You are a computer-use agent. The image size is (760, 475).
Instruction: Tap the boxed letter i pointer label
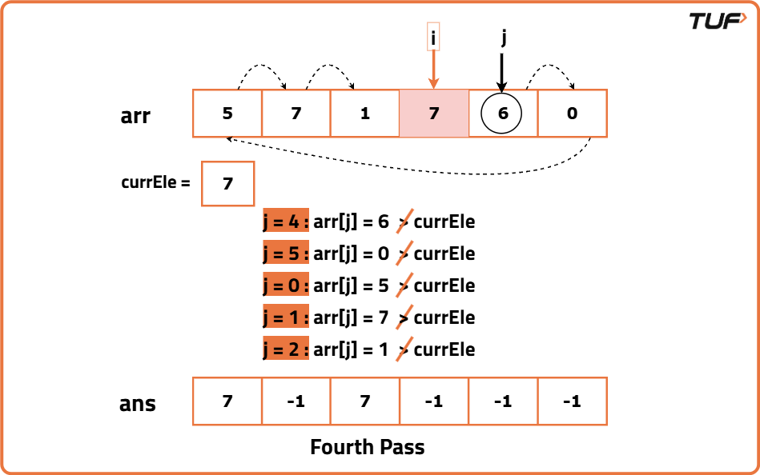point(434,36)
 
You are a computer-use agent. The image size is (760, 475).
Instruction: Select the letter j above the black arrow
point(503,36)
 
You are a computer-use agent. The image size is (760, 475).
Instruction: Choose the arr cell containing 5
point(227,114)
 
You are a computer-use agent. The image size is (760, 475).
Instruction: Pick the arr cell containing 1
point(365,114)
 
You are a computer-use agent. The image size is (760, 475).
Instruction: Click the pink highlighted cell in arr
point(434,114)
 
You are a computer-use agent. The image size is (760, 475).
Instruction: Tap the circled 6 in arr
point(502,114)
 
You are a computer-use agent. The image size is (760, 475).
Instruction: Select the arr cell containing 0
point(572,114)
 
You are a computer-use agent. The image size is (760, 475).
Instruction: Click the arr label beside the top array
point(135,115)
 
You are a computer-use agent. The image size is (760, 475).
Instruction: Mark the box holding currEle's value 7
point(228,184)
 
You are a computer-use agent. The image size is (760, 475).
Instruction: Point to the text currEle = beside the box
point(155,182)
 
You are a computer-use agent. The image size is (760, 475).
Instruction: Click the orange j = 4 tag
point(286,222)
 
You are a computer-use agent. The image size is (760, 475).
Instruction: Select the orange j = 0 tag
point(286,285)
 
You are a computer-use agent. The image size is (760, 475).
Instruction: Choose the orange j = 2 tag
point(286,349)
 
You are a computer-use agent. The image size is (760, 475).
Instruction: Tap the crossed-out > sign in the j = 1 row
point(404,317)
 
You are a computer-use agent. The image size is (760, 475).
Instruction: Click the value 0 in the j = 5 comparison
point(383,254)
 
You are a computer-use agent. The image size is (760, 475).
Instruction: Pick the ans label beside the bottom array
point(137,403)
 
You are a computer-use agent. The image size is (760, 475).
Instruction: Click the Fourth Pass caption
point(367,446)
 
